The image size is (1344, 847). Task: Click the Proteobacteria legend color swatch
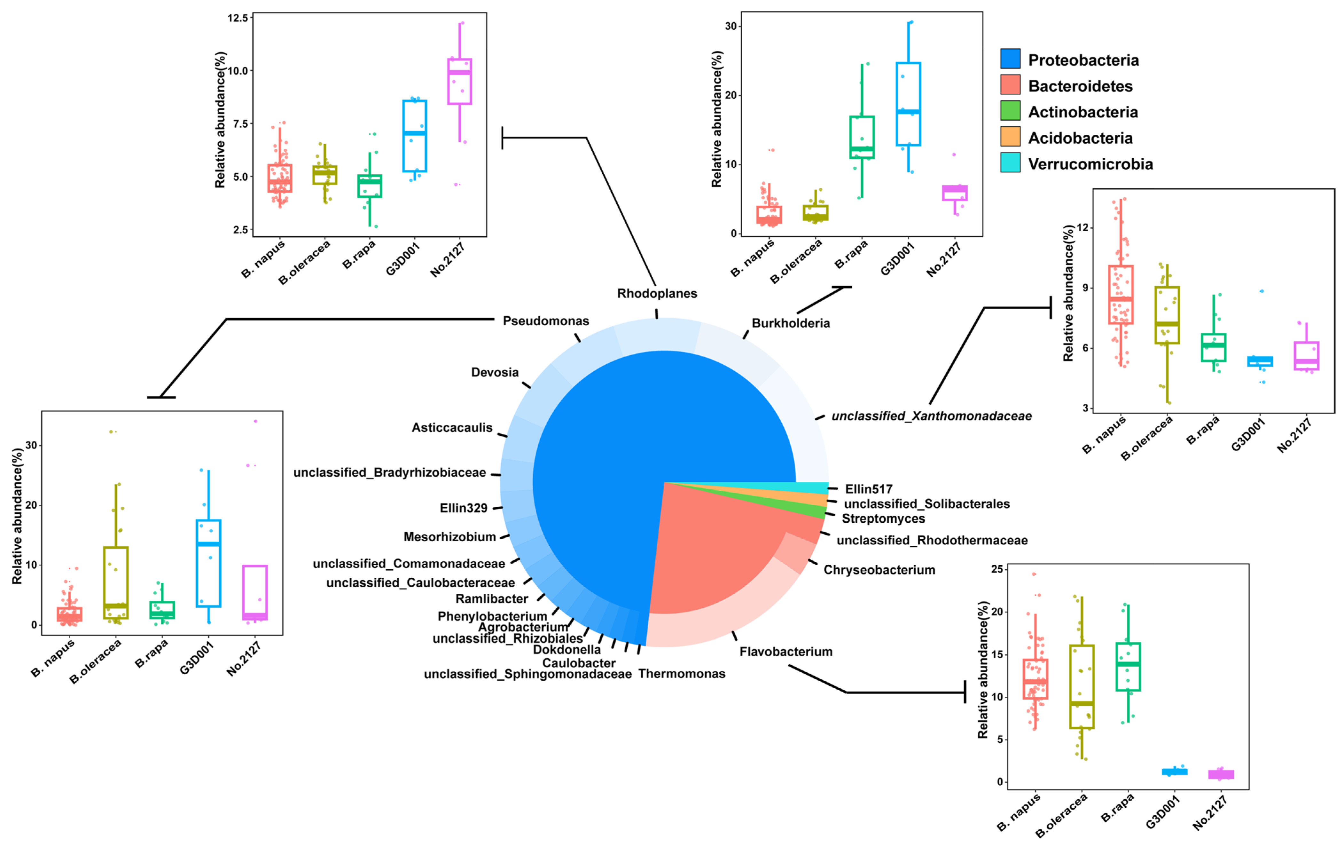1010,59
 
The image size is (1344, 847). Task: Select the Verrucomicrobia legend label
1090,164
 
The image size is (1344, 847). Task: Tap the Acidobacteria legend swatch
1010,136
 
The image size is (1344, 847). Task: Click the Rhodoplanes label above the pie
657,293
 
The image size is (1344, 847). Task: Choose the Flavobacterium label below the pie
786,652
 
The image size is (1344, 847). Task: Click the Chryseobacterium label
879,570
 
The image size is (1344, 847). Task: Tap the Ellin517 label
869,489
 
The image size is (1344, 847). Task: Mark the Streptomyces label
883,519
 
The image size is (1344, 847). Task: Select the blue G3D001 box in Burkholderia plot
908,104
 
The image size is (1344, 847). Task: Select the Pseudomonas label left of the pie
545,321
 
